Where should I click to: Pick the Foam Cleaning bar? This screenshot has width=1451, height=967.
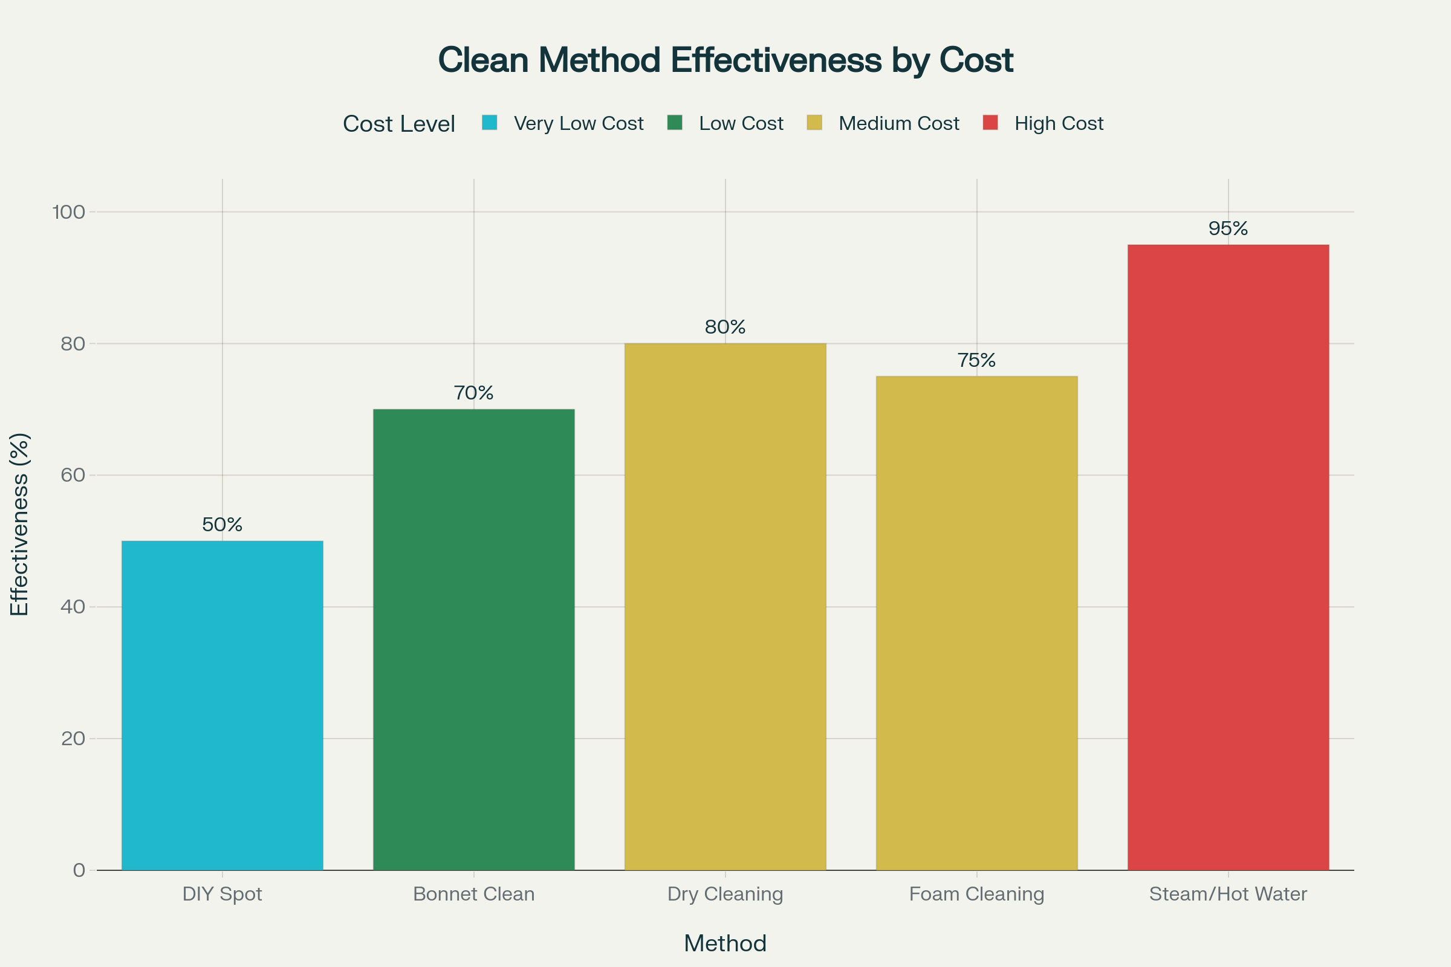pos(976,623)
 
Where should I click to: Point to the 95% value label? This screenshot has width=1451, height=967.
pos(1228,229)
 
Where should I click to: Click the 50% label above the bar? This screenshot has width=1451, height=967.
pos(222,525)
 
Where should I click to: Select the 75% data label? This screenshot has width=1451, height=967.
pos(976,360)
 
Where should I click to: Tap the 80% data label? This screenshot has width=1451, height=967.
pos(725,327)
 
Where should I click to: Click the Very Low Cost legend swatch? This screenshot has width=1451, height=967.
pos(489,123)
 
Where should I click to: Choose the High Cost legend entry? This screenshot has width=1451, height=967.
pos(1058,123)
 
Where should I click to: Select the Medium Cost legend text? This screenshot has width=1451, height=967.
pos(898,123)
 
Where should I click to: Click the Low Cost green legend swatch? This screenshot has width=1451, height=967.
pos(674,123)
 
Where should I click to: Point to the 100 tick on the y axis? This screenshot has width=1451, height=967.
pos(68,212)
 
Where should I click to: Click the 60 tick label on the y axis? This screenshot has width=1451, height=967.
pos(72,475)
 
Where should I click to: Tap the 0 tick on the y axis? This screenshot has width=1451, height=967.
pos(79,870)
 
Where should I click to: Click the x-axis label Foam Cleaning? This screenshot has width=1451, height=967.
pos(976,894)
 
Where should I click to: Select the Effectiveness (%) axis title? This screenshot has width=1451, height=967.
pos(20,524)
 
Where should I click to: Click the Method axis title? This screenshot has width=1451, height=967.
pos(725,943)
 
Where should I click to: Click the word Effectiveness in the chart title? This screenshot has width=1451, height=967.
pos(776,60)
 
